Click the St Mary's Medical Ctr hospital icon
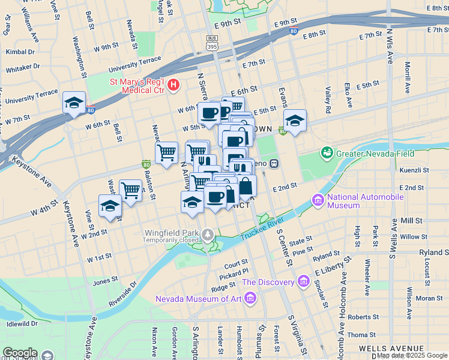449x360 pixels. point(173,85)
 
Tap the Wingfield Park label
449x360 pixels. point(170,232)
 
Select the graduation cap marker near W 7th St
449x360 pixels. point(74,103)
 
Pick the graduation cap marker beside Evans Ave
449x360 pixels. point(295,121)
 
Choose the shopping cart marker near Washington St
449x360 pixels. point(130,191)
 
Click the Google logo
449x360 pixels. point(20,353)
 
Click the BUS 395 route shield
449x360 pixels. point(211,41)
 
